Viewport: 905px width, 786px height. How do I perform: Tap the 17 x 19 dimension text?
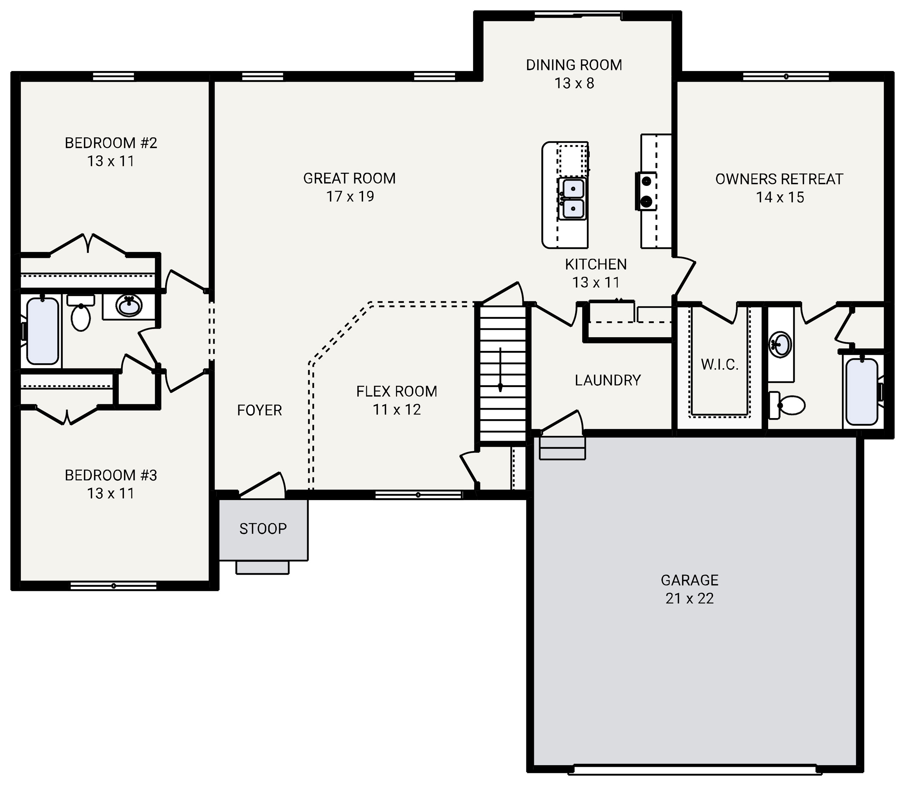coord(350,196)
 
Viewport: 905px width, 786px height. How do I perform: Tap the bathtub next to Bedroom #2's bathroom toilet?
coord(42,331)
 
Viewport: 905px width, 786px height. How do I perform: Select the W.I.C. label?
coord(719,364)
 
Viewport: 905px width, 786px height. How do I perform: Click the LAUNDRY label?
coord(608,380)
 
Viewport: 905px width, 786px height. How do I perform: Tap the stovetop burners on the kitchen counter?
coord(646,191)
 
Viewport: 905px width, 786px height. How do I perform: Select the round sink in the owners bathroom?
coord(781,344)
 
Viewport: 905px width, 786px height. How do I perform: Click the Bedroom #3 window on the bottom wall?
coord(113,586)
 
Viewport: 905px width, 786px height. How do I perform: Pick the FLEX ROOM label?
coord(397,391)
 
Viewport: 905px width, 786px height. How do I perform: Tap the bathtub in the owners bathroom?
coord(862,392)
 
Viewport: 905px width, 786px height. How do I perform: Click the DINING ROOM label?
coord(574,65)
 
